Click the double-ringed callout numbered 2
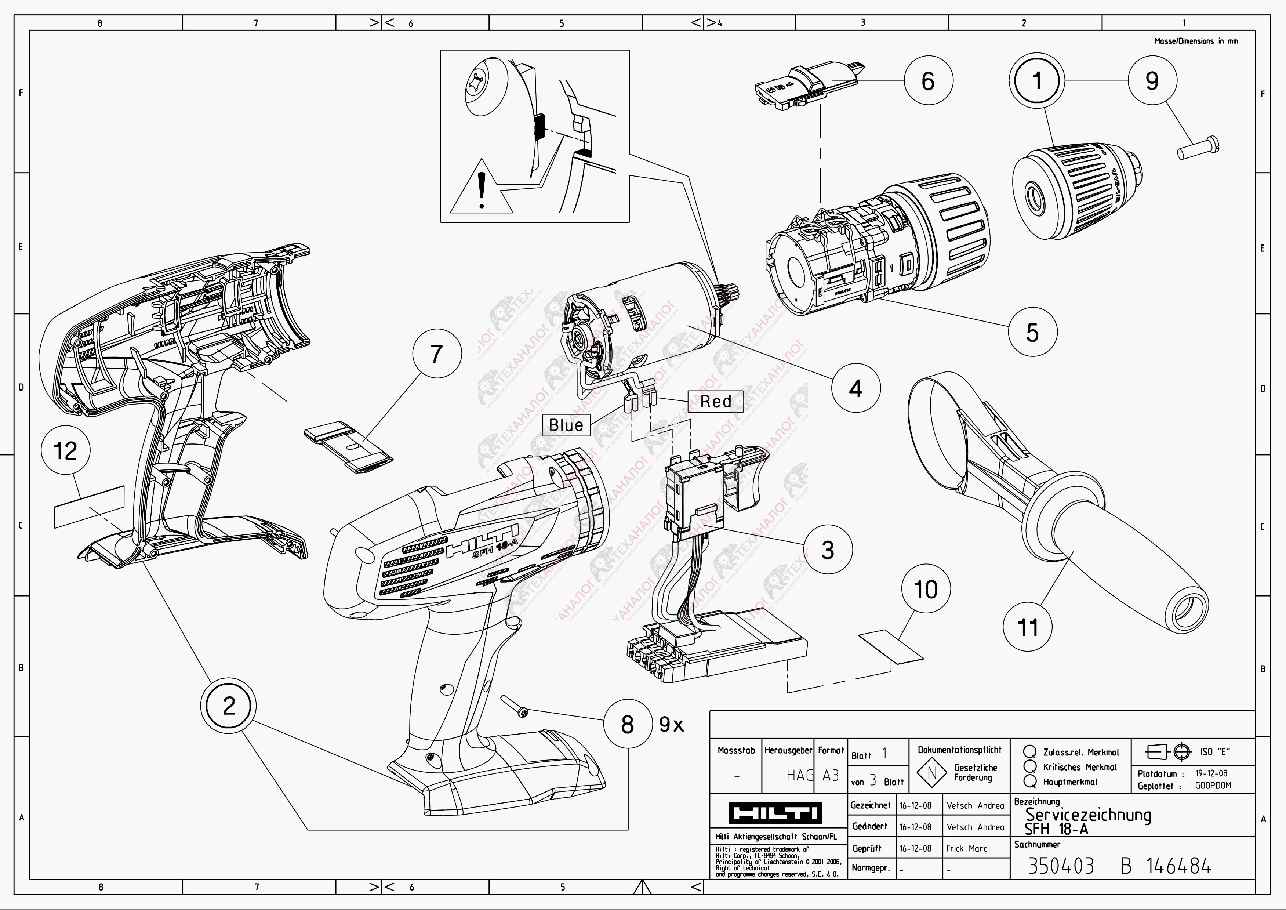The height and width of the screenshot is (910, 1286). pyautogui.click(x=229, y=706)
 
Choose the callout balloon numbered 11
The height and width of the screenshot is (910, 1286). pyautogui.click(x=1028, y=627)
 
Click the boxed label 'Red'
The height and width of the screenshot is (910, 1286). pyautogui.click(x=715, y=401)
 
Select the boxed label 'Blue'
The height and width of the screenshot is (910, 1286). pyautogui.click(x=566, y=425)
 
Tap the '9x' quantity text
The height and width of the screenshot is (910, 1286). pyautogui.click(x=671, y=725)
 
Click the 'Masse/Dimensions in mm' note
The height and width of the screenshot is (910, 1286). pyautogui.click(x=1196, y=41)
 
